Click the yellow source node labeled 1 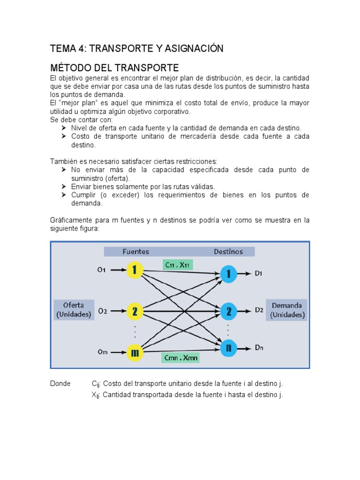(x=135, y=270)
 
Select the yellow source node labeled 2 (x=135, y=311)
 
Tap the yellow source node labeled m (x=135, y=352)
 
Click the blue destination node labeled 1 (x=228, y=274)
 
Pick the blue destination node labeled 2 (x=228, y=311)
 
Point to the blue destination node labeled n (x=228, y=348)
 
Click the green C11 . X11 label (x=178, y=264)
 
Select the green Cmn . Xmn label (x=180, y=358)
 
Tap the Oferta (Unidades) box (x=74, y=310)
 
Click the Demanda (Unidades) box (x=287, y=310)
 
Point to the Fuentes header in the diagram (x=136, y=252)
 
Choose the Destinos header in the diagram (x=228, y=252)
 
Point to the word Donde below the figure (x=60, y=383)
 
